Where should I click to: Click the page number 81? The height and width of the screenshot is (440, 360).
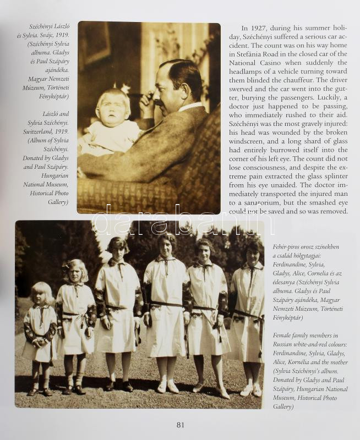coord(181,425)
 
